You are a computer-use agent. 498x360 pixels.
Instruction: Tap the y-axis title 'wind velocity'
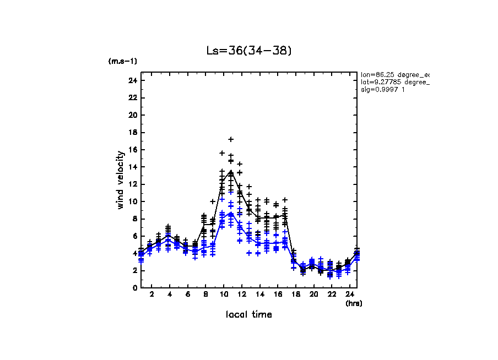point(120,180)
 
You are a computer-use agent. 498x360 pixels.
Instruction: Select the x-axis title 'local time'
point(248,314)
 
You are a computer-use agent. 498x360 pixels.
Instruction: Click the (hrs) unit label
point(354,303)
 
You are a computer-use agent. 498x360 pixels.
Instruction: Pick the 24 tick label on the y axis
point(132,81)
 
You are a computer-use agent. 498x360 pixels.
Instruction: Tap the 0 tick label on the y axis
point(134,287)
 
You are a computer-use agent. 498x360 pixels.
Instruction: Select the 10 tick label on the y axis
point(132,201)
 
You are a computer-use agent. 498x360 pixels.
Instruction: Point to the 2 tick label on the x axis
point(151,294)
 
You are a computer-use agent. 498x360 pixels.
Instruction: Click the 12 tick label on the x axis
point(241,294)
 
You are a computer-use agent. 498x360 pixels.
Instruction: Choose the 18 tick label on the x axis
point(295,294)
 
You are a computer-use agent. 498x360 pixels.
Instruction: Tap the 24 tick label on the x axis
point(349,294)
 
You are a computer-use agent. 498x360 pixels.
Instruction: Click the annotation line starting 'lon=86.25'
point(394,74)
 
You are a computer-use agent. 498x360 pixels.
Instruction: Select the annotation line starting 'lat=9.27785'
point(394,82)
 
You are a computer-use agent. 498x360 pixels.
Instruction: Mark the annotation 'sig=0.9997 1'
point(383,90)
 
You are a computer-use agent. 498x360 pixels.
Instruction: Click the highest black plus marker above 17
point(231,139)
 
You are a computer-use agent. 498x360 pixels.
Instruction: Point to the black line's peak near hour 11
point(231,171)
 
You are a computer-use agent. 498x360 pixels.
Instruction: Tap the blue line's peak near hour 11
point(231,213)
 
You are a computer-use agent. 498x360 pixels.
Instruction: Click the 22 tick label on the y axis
point(132,98)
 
